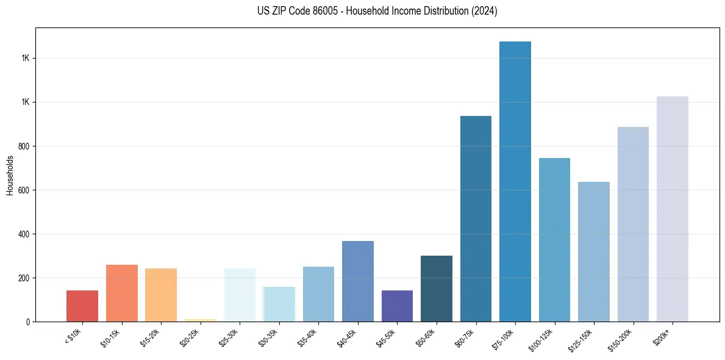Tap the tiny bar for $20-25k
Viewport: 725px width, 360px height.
(x=200, y=320)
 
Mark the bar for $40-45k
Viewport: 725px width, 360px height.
(x=358, y=281)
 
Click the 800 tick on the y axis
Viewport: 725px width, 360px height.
(x=24, y=146)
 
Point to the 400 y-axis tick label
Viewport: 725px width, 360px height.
(x=24, y=234)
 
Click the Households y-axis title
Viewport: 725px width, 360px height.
(x=10, y=175)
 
